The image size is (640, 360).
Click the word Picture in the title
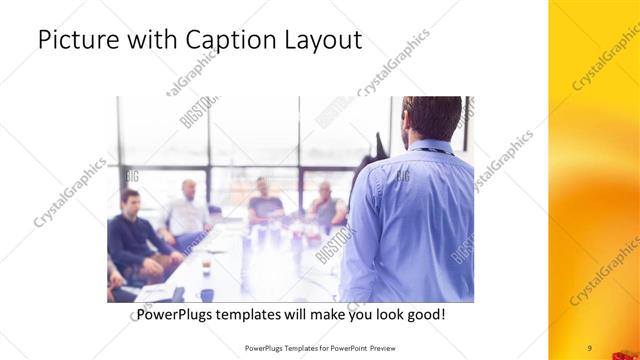(x=76, y=41)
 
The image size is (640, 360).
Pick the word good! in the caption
(x=423, y=315)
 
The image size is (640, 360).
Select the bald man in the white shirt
(x=187, y=211)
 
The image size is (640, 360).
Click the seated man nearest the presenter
(x=326, y=207)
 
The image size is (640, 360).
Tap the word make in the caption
(x=314, y=315)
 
